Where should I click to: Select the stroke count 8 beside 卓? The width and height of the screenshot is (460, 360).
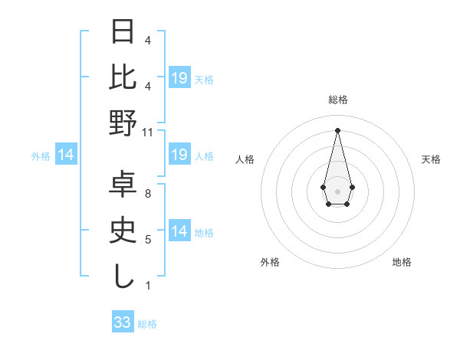pos(148,194)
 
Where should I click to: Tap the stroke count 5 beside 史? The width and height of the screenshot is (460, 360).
pos(148,240)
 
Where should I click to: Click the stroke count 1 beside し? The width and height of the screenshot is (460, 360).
pos(148,286)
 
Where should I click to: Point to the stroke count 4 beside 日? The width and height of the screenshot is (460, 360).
pos(148,40)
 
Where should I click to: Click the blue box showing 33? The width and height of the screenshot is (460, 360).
pos(123,322)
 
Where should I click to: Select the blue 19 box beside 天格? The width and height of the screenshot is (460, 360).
pos(179,78)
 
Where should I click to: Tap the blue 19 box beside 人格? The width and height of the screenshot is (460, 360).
pos(179,155)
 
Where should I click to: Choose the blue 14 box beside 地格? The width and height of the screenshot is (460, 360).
pos(179,231)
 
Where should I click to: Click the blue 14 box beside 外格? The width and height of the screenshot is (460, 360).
pos(66,155)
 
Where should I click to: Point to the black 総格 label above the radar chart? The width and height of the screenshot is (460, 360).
pos(337,100)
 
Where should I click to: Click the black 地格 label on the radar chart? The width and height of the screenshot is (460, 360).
pos(402,262)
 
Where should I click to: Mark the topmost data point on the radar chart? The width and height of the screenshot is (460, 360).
pos(337,130)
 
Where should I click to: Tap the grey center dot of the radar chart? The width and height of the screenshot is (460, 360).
pos(337,190)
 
